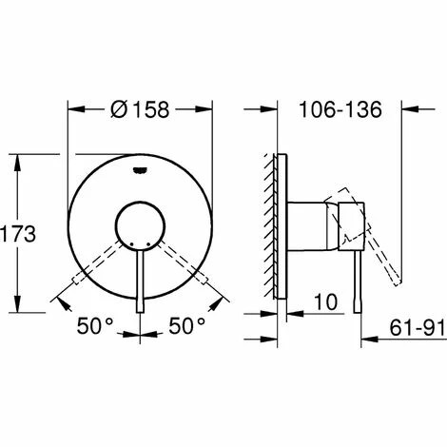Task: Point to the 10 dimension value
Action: pos(326,302)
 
